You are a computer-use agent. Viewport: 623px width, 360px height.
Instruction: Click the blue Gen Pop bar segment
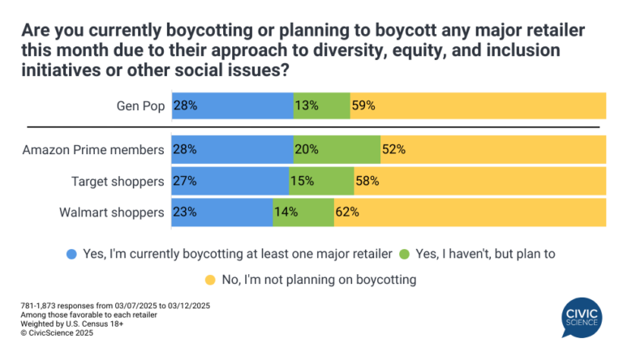coord(232,105)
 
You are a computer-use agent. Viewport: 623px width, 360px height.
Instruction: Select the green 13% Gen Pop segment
coord(321,105)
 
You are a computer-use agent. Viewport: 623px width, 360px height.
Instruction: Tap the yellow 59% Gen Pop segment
coord(477,105)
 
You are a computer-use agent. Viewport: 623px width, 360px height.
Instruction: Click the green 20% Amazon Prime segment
coord(337,150)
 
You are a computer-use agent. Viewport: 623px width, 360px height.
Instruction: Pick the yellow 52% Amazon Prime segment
coord(492,150)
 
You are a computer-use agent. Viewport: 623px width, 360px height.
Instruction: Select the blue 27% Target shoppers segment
coord(230,182)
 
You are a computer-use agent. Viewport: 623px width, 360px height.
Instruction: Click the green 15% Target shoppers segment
coord(321,182)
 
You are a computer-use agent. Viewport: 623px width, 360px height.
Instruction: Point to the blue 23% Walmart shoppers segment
coord(221,212)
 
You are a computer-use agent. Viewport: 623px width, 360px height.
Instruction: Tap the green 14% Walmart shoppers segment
coord(303,212)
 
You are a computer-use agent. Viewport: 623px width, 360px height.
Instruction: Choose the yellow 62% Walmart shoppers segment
coord(469,212)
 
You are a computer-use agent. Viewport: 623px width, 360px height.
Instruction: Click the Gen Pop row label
coord(140,105)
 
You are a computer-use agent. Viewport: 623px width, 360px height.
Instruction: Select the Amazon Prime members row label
coord(94,150)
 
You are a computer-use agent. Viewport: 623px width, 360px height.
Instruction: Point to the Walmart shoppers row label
coord(112,212)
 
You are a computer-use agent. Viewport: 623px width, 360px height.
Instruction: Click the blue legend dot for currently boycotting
coord(72,253)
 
